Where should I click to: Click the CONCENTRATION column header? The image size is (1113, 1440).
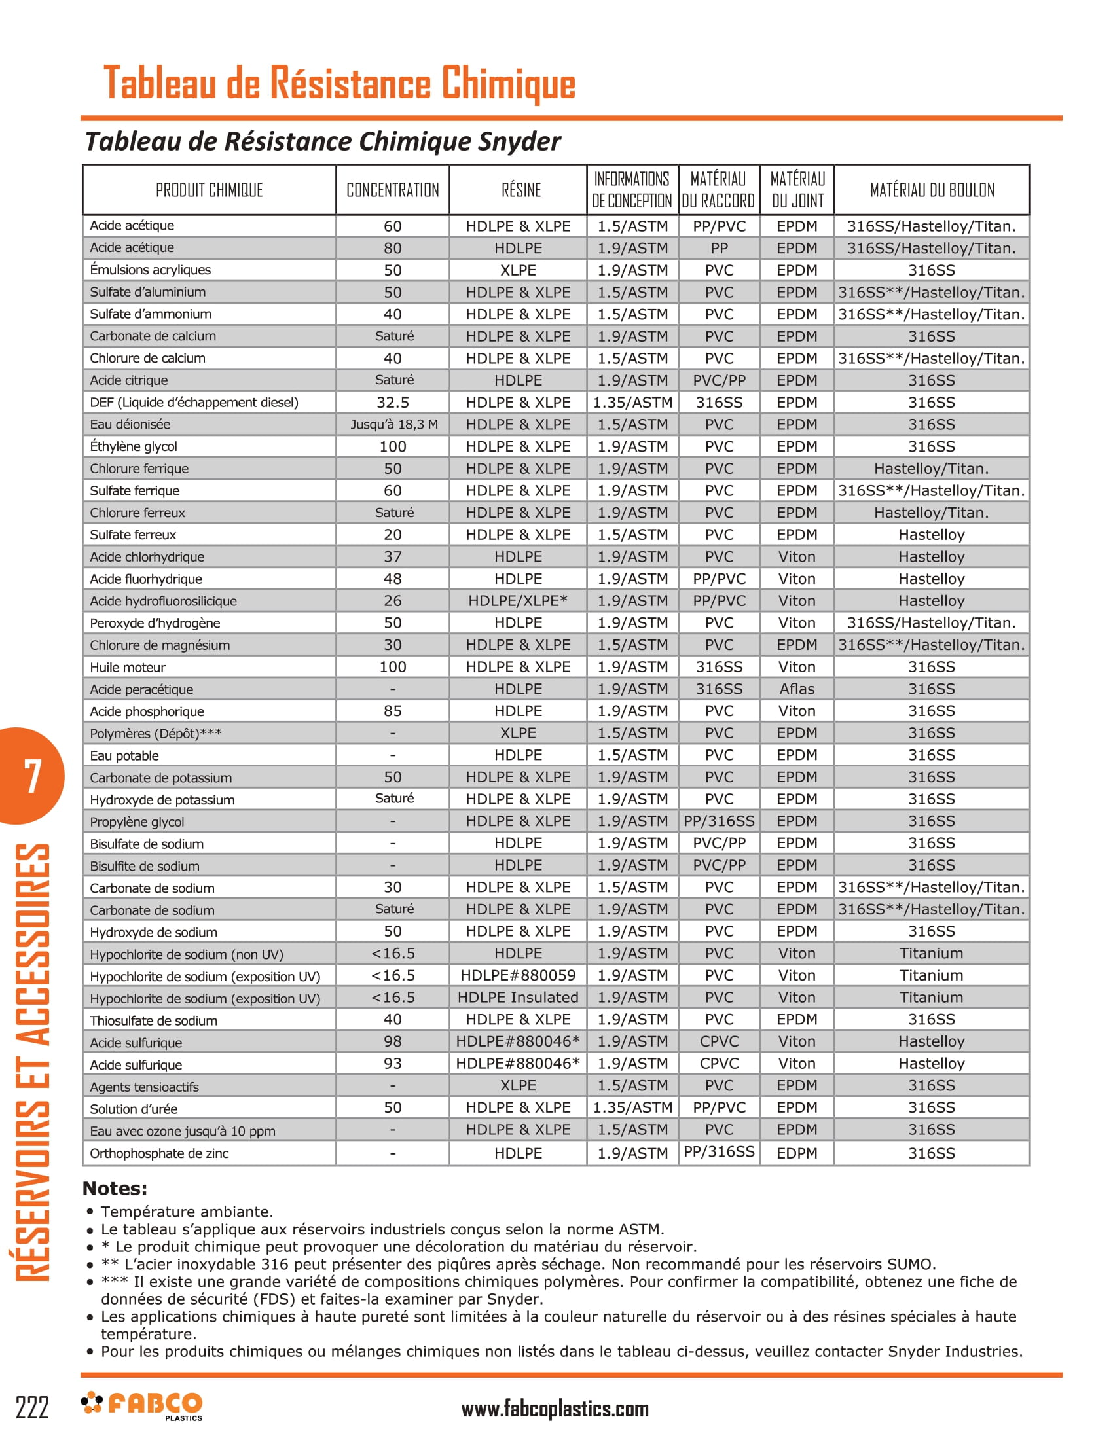pos(392,190)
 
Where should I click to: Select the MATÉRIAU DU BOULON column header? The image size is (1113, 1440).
pos(932,190)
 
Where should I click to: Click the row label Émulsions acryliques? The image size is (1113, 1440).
pos(151,270)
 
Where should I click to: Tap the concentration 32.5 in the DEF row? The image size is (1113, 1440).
pos(392,402)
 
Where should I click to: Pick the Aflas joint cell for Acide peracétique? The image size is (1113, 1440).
pos(797,689)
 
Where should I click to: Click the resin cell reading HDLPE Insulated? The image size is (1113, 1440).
pos(518,998)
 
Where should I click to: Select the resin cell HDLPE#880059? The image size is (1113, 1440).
pos(518,975)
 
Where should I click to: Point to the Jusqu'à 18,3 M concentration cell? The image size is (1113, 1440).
pos(393,425)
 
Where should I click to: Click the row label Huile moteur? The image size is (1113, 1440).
pos(128,667)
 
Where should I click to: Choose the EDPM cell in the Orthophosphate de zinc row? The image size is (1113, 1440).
pos(797,1153)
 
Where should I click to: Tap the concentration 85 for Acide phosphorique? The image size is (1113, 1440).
pos(392,711)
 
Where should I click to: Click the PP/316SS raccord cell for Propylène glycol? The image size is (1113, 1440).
pos(719,821)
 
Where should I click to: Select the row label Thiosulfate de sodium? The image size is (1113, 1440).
pos(154,1020)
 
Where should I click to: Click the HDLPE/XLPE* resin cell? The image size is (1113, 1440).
pos(518,601)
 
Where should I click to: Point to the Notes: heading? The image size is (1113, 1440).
pos(115,1189)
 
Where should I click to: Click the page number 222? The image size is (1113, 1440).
pos(31,1408)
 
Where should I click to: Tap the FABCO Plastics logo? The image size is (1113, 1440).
pos(142,1405)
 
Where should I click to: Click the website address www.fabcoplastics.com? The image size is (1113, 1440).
pos(555,1409)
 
